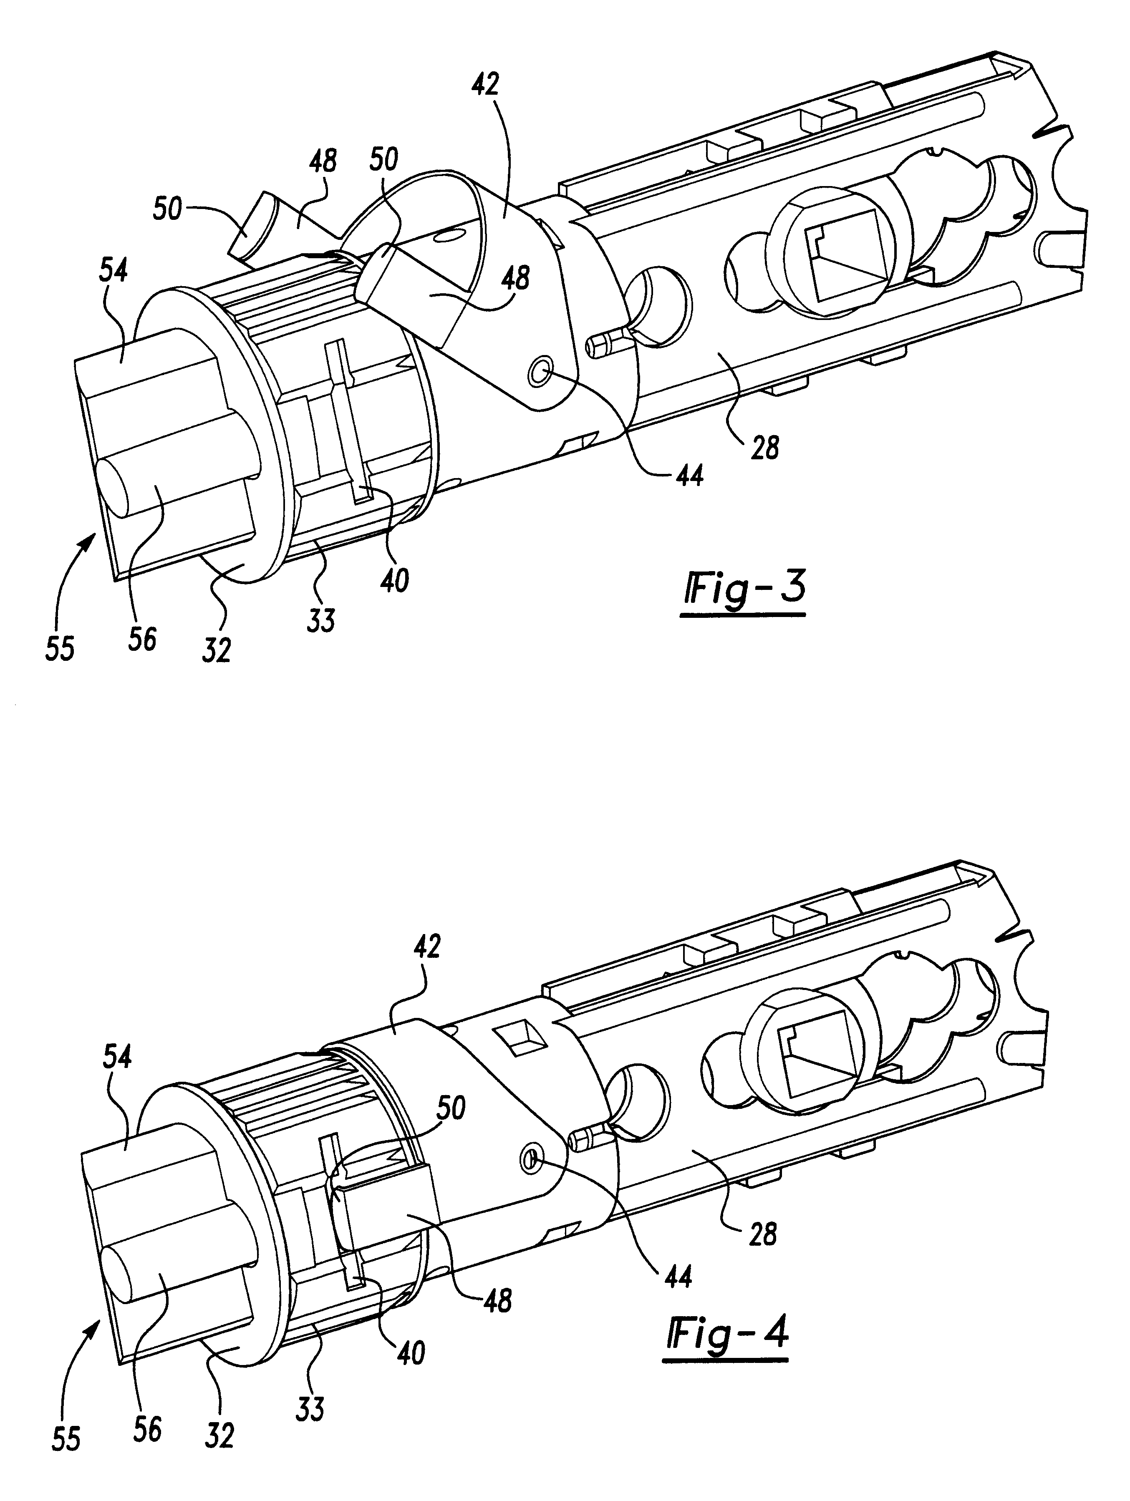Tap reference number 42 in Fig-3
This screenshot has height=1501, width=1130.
[486, 85]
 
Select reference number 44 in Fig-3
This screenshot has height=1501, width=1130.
[689, 476]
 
